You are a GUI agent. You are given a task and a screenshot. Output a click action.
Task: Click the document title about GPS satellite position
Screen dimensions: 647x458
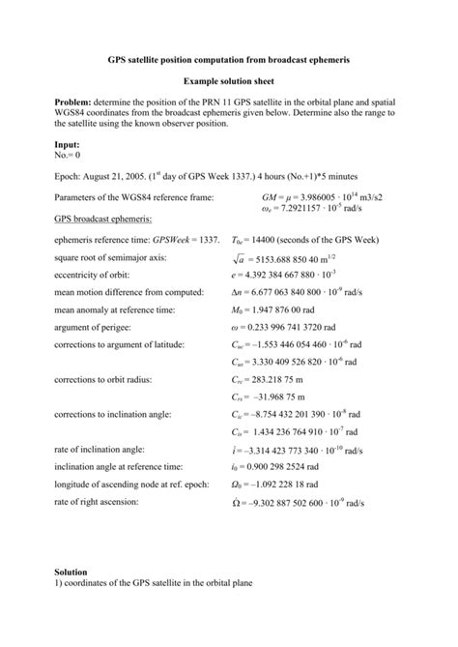tap(228, 60)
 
